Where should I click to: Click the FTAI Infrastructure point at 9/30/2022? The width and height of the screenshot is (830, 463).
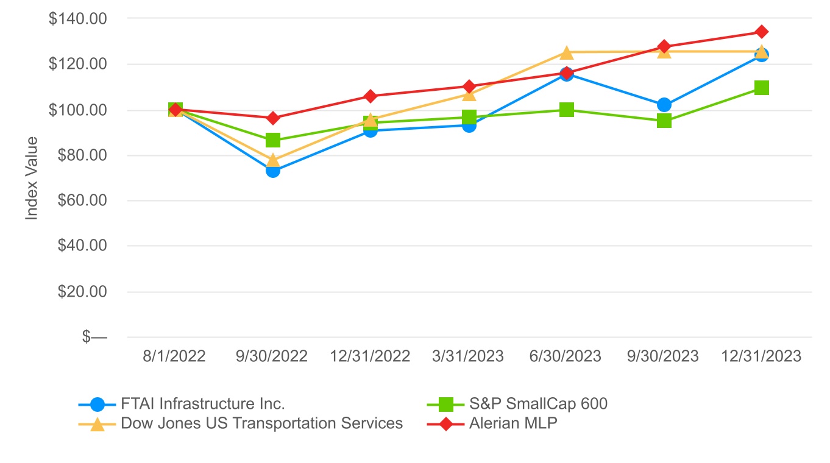pyautogui.click(x=273, y=171)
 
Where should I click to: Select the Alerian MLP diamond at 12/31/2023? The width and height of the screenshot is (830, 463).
pyautogui.click(x=761, y=32)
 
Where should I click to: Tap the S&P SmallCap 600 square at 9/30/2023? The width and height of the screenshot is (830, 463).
pyautogui.click(x=664, y=121)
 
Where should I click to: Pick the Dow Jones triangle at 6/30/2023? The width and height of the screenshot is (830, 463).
pyautogui.click(x=567, y=52)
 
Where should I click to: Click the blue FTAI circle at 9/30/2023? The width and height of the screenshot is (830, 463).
pyautogui.click(x=664, y=105)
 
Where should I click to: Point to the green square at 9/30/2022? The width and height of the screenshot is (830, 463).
pyautogui.click(x=273, y=140)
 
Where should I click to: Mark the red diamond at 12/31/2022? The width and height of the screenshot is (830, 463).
pyautogui.click(x=371, y=96)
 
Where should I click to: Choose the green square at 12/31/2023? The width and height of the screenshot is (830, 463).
pyautogui.click(x=761, y=88)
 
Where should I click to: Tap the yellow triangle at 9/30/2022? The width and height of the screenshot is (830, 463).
pyautogui.click(x=273, y=160)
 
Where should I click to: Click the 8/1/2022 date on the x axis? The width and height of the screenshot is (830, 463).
pyautogui.click(x=175, y=356)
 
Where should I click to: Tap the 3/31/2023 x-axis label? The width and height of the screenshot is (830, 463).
pyautogui.click(x=469, y=356)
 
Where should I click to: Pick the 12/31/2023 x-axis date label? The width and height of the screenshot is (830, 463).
pyautogui.click(x=761, y=356)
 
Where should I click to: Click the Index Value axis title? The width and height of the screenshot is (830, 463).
pyautogui.click(x=32, y=178)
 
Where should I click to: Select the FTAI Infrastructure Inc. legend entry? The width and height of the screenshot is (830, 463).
pyautogui.click(x=203, y=404)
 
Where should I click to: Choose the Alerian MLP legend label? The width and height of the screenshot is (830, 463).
pyautogui.click(x=513, y=423)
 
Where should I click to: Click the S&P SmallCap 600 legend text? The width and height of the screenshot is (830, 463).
pyautogui.click(x=538, y=404)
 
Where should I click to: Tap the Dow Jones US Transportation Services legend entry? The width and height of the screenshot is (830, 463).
pyautogui.click(x=262, y=423)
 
